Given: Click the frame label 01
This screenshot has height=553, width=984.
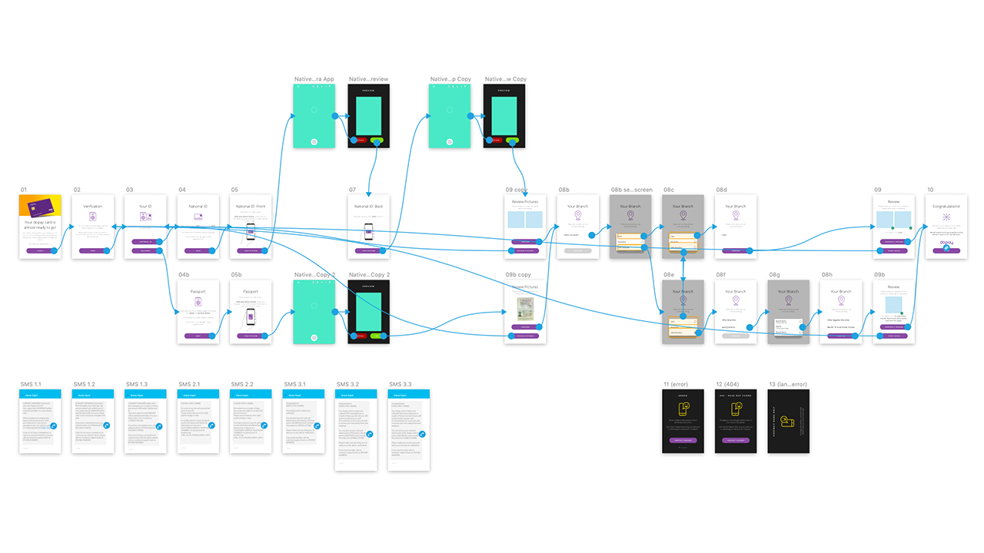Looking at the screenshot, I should pyautogui.click(x=24, y=190).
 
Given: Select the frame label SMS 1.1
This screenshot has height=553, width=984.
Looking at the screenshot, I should pyautogui.click(x=31, y=384).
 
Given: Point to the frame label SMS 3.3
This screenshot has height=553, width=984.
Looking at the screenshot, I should pyautogui.click(x=400, y=384).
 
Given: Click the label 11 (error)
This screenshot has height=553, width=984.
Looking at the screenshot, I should pyautogui.click(x=676, y=384).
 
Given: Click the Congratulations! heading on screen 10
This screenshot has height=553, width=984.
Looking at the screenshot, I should pyautogui.click(x=946, y=206).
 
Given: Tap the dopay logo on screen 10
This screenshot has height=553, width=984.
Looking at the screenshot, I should pyautogui.click(x=946, y=243).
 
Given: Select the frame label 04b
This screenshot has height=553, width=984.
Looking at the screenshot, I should pyautogui.click(x=184, y=274).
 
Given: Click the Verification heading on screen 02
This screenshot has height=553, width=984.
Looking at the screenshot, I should pyautogui.click(x=92, y=206).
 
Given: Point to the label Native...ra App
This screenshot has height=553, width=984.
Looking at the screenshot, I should pyautogui.click(x=314, y=79).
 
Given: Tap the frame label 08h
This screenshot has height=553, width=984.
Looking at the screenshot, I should pyautogui.click(x=826, y=274).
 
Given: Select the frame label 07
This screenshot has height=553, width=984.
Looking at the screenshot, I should pyautogui.click(x=352, y=190).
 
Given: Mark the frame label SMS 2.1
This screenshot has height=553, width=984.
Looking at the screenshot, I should pyautogui.click(x=189, y=384).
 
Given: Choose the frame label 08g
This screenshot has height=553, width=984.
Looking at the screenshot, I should pyautogui.click(x=774, y=274).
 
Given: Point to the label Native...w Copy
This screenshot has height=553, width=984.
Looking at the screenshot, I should pyautogui.click(x=505, y=79).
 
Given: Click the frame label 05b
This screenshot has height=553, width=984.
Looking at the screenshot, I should pyautogui.click(x=236, y=274).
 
